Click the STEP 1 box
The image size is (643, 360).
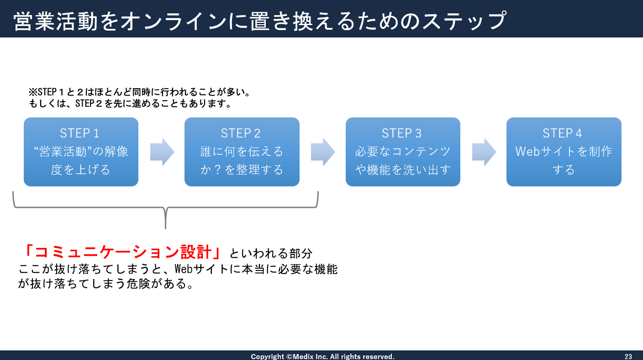click(x=81, y=152)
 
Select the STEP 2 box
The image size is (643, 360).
click(x=242, y=152)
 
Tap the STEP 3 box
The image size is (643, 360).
click(x=403, y=152)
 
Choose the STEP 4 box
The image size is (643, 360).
click(x=564, y=152)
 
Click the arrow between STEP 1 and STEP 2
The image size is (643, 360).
click(x=162, y=152)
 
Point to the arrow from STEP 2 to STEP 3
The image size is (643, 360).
click(x=323, y=152)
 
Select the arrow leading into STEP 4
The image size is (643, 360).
click(x=484, y=152)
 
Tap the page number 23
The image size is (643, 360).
click(x=628, y=356)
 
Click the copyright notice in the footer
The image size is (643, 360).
click(x=322, y=356)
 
